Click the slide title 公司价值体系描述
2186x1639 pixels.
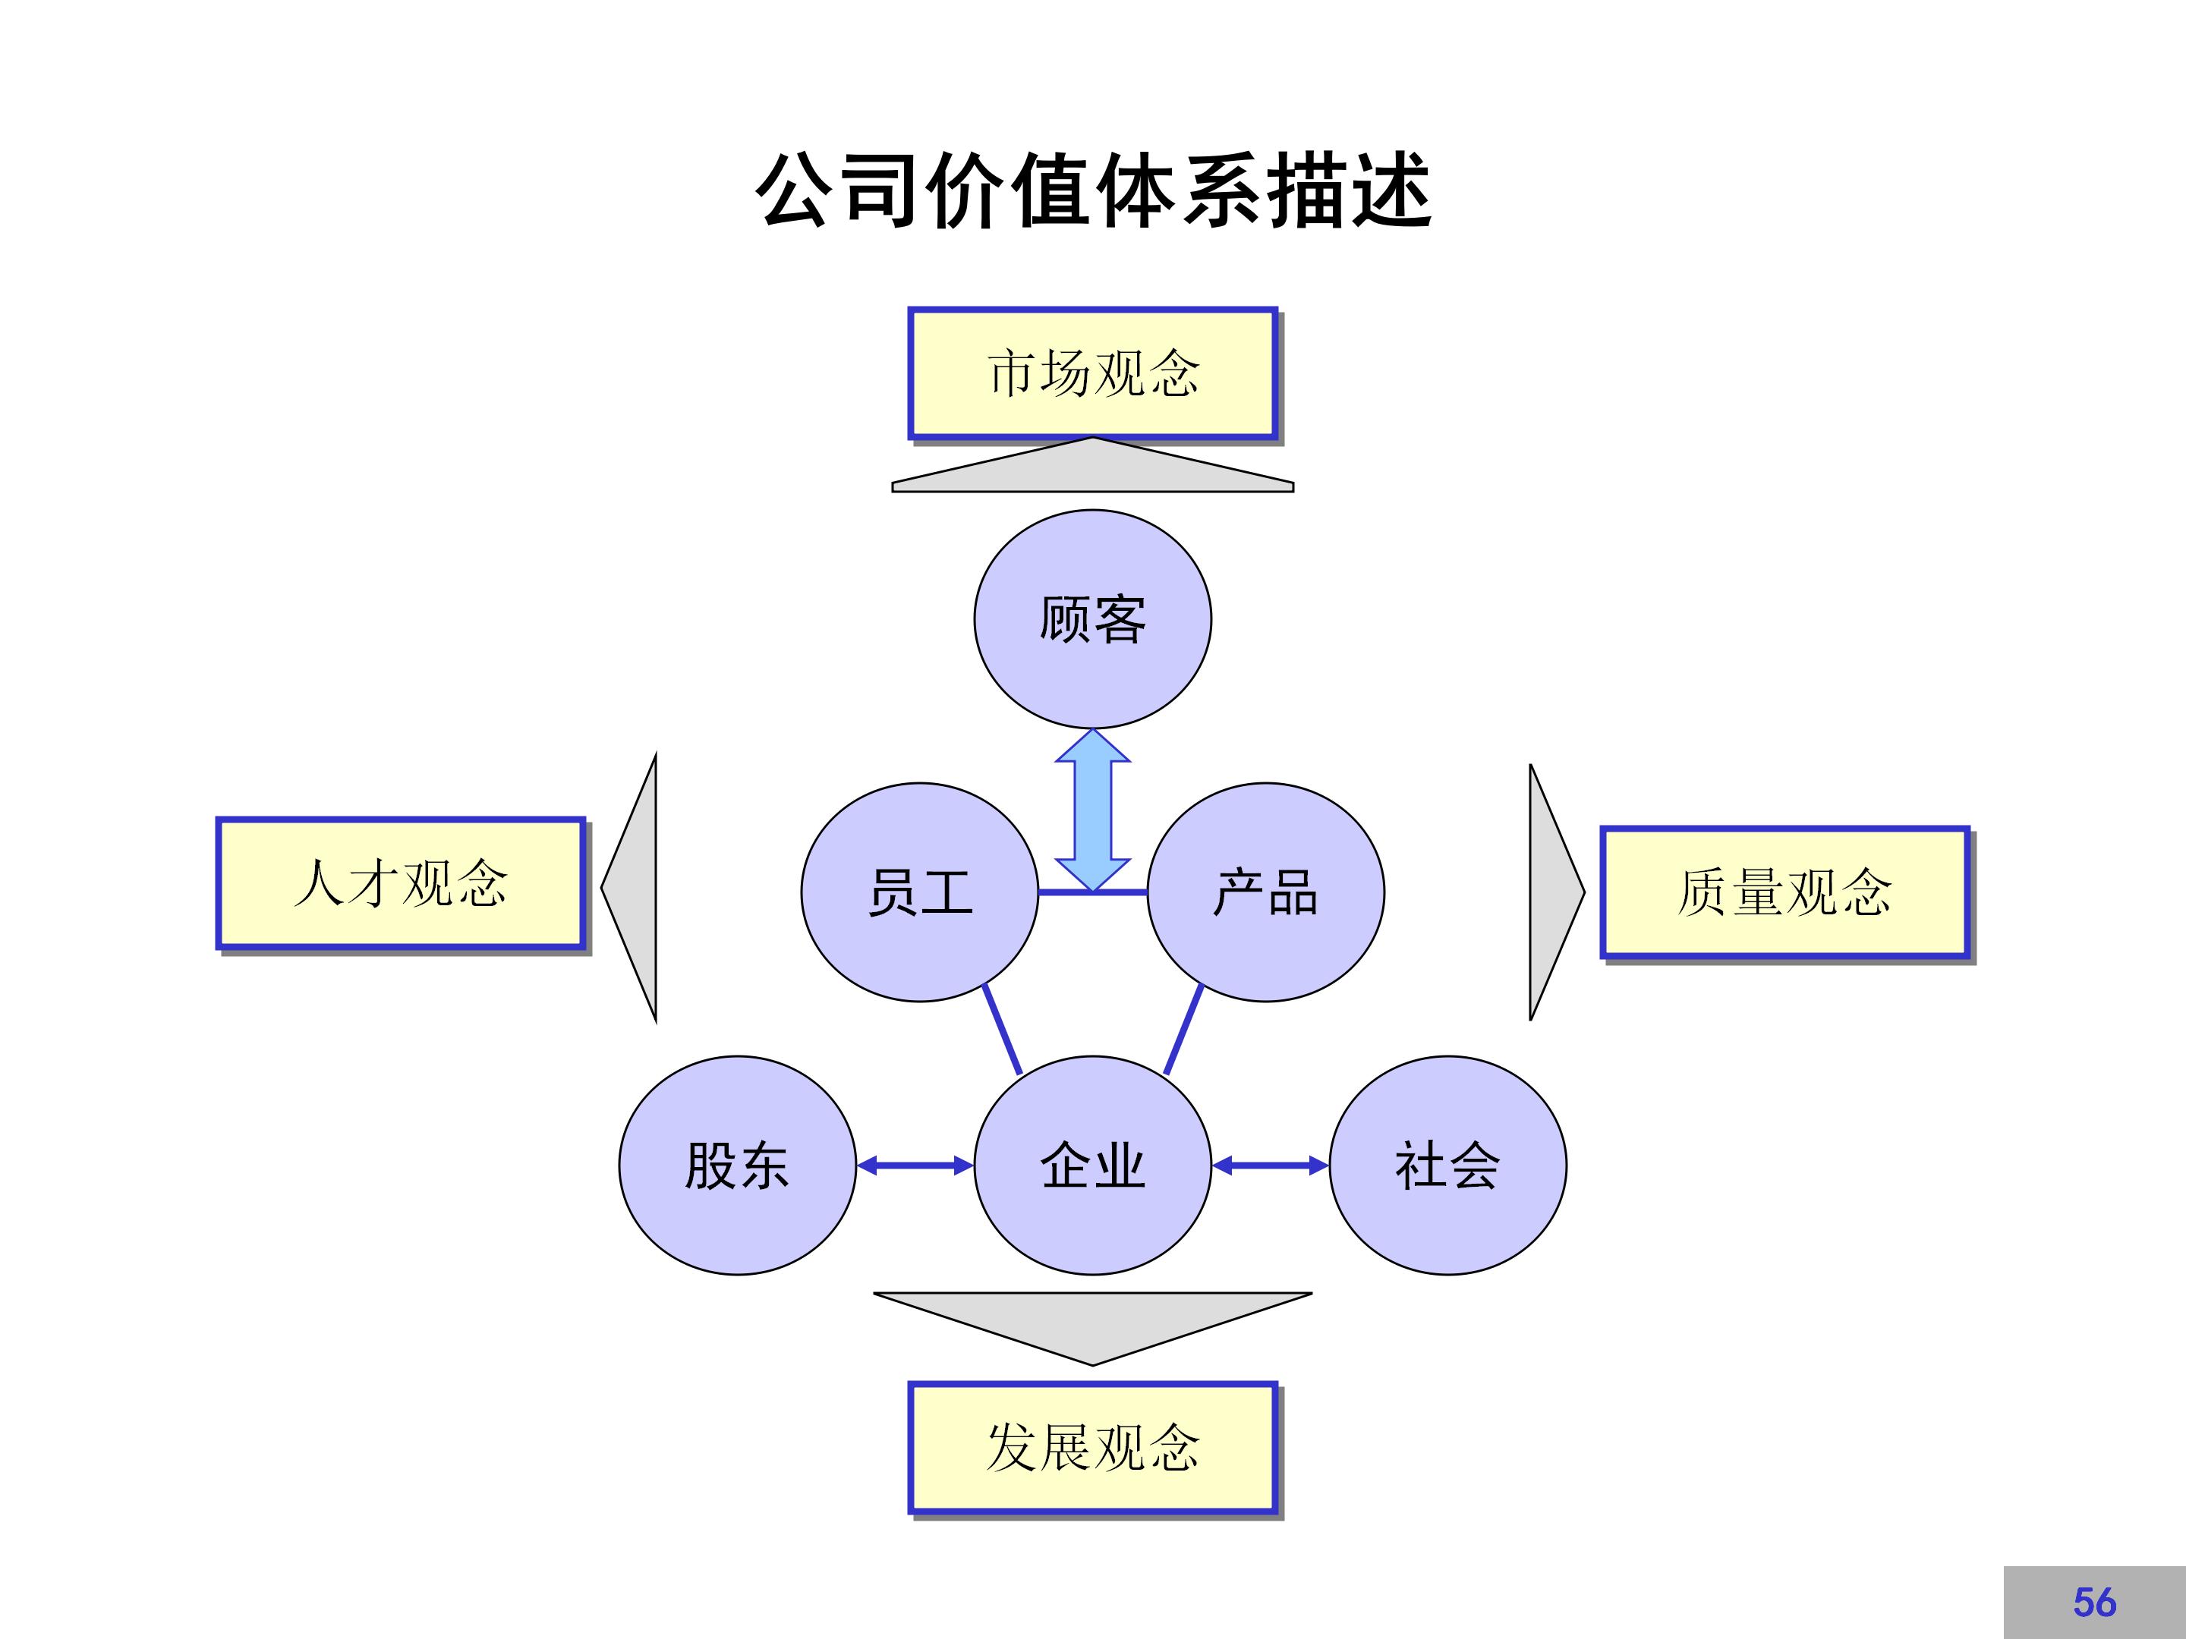pyautogui.click(x=1092, y=190)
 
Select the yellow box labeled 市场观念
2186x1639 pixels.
pyautogui.click(x=1092, y=373)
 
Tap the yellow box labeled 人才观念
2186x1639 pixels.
pyautogui.click(x=400, y=883)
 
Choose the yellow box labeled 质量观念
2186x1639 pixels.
pyautogui.click(x=1784, y=892)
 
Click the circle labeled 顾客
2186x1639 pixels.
pyautogui.click(x=1092, y=619)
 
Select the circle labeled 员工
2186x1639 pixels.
pyautogui.click(x=919, y=892)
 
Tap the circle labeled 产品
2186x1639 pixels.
pyautogui.click(x=1265, y=892)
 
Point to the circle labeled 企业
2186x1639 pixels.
pyautogui.click(x=1092, y=1166)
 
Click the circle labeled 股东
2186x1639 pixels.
pyautogui.click(x=737, y=1166)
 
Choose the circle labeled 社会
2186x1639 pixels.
pyautogui.click(x=1447, y=1166)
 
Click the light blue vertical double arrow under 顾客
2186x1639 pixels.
pyautogui.click(x=1092, y=810)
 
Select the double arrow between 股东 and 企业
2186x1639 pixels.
pyautogui.click(x=915, y=1166)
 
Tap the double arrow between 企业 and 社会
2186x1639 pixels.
pyautogui.click(x=1270, y=1166)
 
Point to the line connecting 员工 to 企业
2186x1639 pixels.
pyautogui.click(x=1002, y=1030)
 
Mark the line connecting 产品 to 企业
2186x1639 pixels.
pyautogui.click(x=1184, y=1030)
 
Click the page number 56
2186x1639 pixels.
pyautogui.click(x=2094, y=1603)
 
